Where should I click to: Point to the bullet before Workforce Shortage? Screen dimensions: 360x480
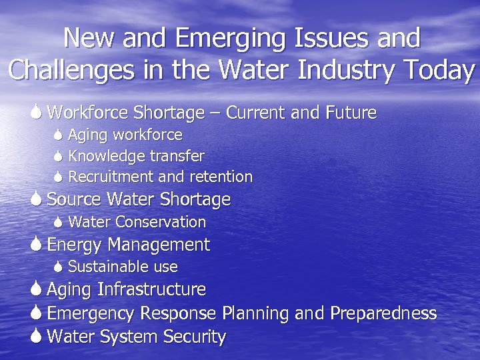pyautogui.click(x=37, y=113)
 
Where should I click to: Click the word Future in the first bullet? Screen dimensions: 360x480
pyautogui.click(x=351, y=113)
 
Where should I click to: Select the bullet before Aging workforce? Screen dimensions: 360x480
pyautogui.click(x=58, y=136)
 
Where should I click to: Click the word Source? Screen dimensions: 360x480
pyautogui.click(x=72, y=199)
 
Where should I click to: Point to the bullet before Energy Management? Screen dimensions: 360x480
pyautogui.click(x=37, y=245)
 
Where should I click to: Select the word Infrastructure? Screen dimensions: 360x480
pyautogui.click(x=151, y=290)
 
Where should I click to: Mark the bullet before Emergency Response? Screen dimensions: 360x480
pyautogui.click(x=37, y=313)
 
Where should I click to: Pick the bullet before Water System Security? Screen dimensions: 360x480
pyautogui.click(x=37, y=337)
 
